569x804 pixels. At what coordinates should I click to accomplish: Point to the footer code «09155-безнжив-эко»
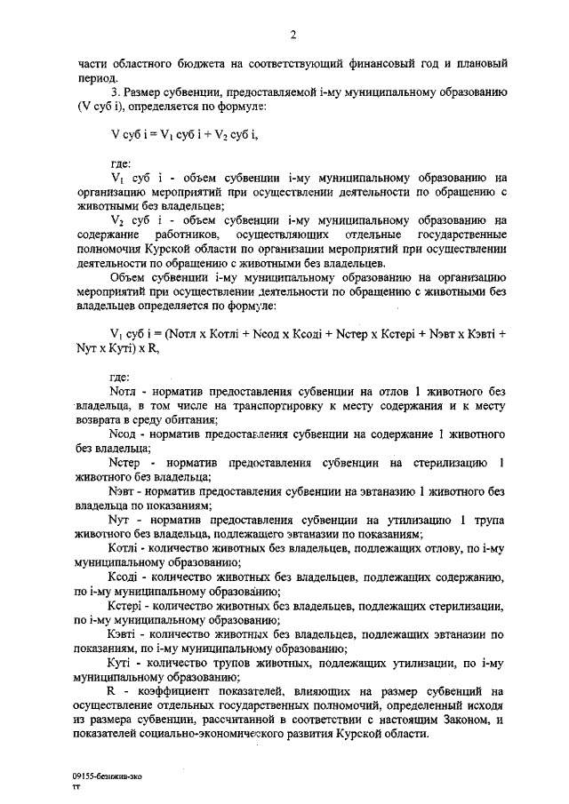[x=106, y=776]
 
